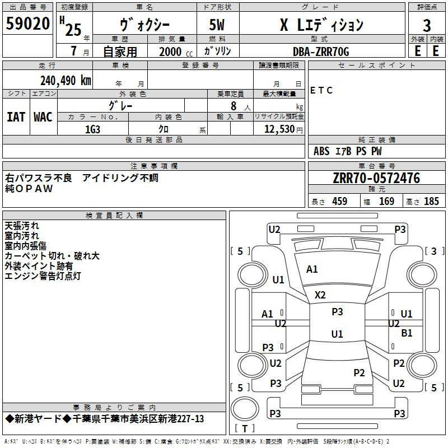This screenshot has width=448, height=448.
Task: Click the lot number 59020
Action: pos(27,24)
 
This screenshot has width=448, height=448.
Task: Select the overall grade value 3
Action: pos(427,26)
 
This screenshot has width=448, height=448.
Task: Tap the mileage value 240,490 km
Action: pos(66,81)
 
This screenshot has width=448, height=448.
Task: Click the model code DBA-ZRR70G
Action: pos(321,52)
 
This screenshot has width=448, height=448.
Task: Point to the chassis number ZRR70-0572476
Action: pos(376,178)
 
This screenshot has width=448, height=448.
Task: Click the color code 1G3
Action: pos(92,129)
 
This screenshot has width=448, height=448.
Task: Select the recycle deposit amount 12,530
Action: pos(279,129)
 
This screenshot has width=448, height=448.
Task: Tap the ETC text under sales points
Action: pos(321,90)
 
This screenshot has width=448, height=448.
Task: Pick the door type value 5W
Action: pos(217,25)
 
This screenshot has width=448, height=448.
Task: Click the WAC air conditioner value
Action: pos(43,117)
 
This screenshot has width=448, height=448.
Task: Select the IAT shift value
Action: pos(16,117)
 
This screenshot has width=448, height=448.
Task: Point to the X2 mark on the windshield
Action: pos(320,295)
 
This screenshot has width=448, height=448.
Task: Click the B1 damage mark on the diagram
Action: pos(407,333)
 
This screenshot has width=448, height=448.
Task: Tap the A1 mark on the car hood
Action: pos(312,269)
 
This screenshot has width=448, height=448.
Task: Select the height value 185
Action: pos(431,201)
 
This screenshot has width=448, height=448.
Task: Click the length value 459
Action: pos(340,201)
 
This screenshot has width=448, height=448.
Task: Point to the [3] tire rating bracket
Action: pos(435,251)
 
